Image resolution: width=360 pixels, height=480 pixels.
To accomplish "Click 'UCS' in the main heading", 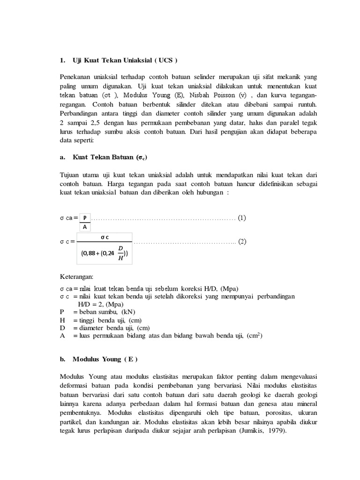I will pos(166,60).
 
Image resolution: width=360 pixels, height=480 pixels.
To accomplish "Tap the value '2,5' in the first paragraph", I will pos(92,123).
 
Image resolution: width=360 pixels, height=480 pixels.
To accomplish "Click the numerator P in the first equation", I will pos(85,217).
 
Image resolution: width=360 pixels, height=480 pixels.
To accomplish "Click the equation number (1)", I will pos(242,218).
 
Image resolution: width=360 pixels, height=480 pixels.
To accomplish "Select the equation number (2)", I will pos(242,242).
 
